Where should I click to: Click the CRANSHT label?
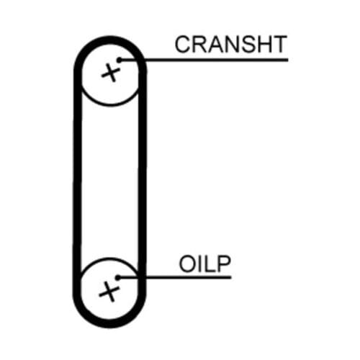point(231,44)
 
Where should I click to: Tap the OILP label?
point(204,264)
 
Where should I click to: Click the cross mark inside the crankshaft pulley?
point(111,72)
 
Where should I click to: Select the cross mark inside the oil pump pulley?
point(109,292)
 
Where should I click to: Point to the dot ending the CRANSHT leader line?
point(120,60)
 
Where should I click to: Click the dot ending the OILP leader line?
point(118,278)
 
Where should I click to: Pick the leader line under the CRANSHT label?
point(204,60)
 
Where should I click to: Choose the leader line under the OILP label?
point(174,278)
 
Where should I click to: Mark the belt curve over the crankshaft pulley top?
point(110,40)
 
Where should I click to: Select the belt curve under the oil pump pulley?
point(109,324)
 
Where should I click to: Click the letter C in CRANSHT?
point(183,44)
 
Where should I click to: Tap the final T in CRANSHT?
point(279,44)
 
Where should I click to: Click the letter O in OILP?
point(187,264)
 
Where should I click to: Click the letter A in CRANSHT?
point(215,44)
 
